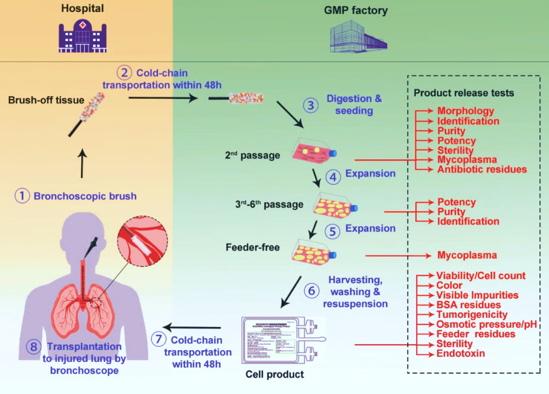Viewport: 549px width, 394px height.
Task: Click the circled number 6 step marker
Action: (x=312, y=290)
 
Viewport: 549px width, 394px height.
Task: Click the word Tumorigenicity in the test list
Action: (x=472, y=315)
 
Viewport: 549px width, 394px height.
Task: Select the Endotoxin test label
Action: (x=461, y=353)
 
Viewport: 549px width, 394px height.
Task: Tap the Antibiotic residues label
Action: (x=482, y=169)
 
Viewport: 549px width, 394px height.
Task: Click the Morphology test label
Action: (x=466, y=111)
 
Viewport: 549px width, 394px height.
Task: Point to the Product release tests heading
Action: (x=464, y=93)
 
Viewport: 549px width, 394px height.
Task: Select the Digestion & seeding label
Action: (x=354, y=104)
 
